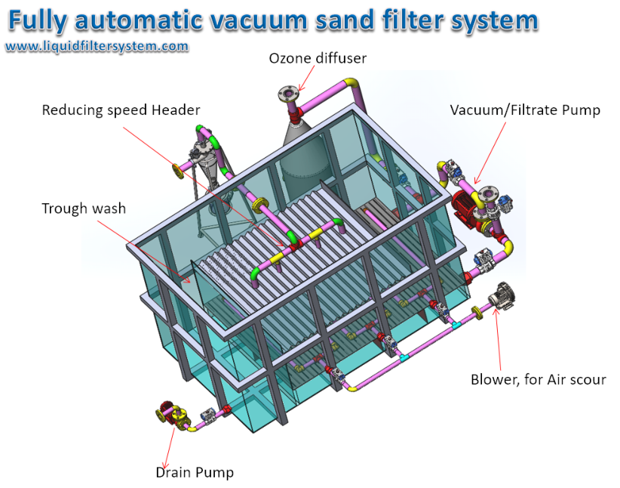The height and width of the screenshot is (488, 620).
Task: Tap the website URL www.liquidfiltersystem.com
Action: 97,47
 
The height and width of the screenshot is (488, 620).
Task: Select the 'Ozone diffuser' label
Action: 318,58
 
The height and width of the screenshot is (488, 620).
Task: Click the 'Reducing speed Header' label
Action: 121,110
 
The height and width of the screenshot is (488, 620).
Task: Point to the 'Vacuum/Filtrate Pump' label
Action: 525,110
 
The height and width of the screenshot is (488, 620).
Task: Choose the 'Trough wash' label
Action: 84,208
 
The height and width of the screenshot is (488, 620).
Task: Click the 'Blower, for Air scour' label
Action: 538,379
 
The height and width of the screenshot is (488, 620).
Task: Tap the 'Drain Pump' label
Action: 195,473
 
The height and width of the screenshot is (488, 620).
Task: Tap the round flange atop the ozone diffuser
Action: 287,94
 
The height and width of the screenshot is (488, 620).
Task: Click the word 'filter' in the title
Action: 430,20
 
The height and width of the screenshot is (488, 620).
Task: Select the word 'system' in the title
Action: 501,21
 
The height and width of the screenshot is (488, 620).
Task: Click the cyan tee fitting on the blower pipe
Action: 457,325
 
